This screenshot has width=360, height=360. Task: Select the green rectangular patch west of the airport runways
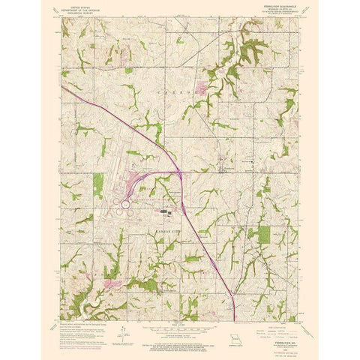tap(97, 184)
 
